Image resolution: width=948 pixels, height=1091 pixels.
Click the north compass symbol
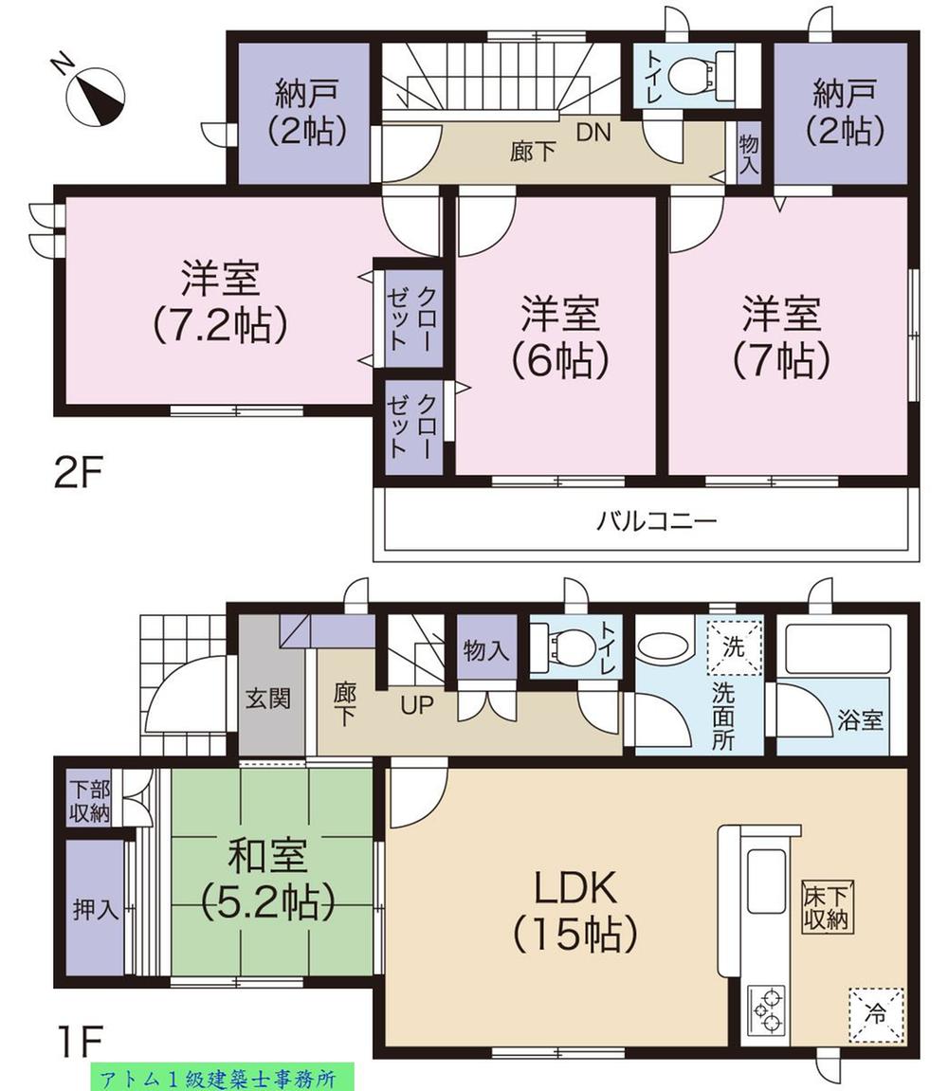[96, 93]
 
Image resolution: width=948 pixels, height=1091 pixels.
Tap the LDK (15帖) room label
[574, 910]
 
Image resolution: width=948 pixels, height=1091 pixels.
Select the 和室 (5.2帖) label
[267, 880]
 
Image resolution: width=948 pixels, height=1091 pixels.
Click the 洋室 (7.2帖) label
[220, 301]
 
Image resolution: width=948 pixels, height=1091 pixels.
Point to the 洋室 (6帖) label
[558, 336]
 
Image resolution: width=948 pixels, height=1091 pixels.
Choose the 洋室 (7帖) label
[781, 336]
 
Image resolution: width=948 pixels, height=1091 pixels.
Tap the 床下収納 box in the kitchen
[825, 906]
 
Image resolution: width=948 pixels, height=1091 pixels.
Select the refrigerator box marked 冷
[876, 1012]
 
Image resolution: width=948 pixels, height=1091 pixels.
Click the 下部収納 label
[89, 802]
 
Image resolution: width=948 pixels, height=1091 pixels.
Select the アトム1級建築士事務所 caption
[222, 1077]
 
